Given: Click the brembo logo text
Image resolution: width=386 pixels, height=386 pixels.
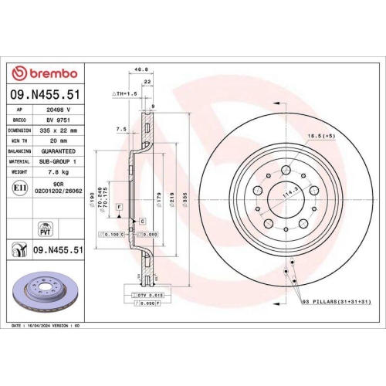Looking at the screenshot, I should click(x=46, y=73).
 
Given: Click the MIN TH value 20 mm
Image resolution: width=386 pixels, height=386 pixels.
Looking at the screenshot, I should click(x=58, y=141).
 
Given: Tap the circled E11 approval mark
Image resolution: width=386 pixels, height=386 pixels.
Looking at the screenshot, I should click(x=19, y=186).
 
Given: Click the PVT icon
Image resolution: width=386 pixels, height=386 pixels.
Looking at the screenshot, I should click(x=44, y=227).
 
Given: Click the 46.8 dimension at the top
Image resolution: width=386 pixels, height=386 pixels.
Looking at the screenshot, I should click(x=141, y=69).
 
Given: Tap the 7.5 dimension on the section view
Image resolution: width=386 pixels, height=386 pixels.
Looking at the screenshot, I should click(x=120, y=129).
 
